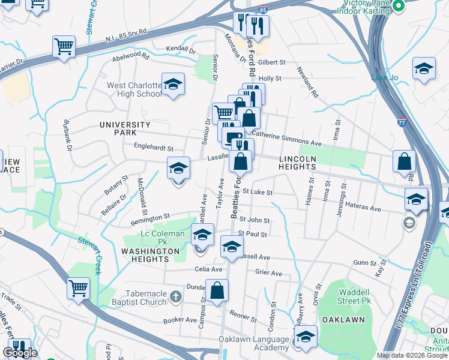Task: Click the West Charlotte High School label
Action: (x=134, y=90)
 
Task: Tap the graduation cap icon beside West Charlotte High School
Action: (x=173, y=85)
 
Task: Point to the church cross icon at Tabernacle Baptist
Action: (x=175, y=296)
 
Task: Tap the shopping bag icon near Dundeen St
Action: (x=217, y=291)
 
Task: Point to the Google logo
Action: (x=20, y=353)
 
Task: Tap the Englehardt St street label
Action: (x=154, y=148)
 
